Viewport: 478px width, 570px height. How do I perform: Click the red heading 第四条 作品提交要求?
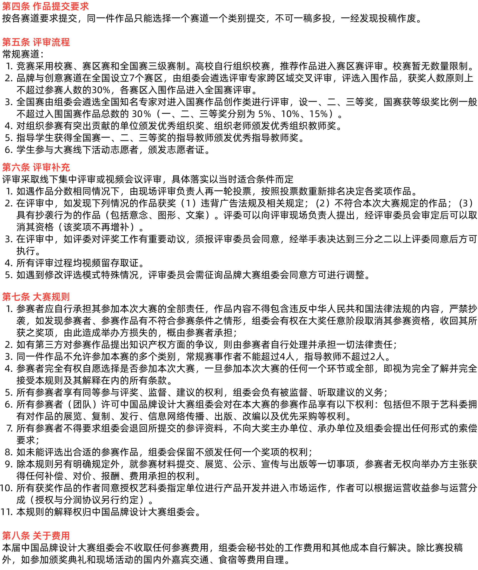click(45, 6)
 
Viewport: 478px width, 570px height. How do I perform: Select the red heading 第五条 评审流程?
click(36, 42)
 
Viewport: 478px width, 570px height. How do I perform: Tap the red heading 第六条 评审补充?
click(36, 167)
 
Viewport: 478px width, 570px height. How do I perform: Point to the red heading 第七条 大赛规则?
click(36, 297)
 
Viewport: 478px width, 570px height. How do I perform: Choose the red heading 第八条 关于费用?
click(36, 535)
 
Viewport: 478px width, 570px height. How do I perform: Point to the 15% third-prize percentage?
click(318, 114)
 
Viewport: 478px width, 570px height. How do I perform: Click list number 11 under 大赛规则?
click(6, 512)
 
